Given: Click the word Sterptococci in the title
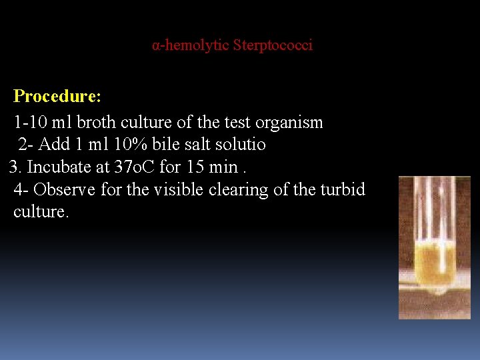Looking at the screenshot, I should [273, 46].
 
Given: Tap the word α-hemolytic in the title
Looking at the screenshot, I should [191, 46].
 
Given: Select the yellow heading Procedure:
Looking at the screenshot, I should [57, 97].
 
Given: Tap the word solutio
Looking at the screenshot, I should [241, 145].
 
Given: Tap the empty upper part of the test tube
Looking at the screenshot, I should [434, 207].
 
